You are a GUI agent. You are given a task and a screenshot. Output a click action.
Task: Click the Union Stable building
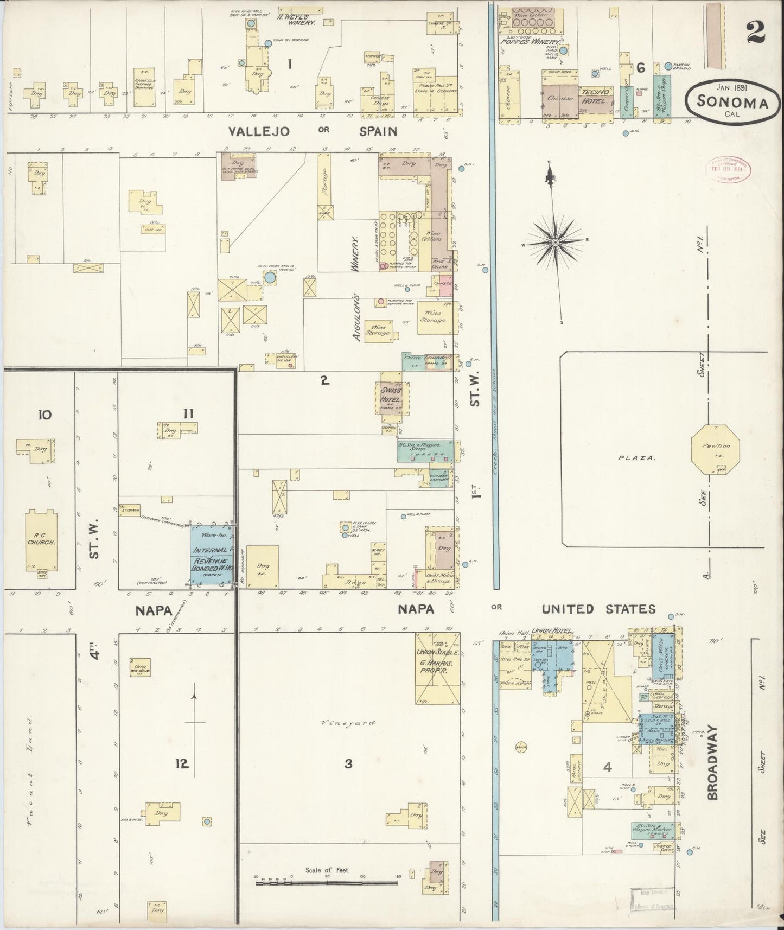437,667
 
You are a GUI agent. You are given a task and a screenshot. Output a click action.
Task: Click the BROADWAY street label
712,763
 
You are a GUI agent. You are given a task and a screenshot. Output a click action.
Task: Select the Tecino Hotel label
595,96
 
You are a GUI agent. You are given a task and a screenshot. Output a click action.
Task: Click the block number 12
182,764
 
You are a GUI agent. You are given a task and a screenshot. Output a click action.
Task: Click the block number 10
44,415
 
